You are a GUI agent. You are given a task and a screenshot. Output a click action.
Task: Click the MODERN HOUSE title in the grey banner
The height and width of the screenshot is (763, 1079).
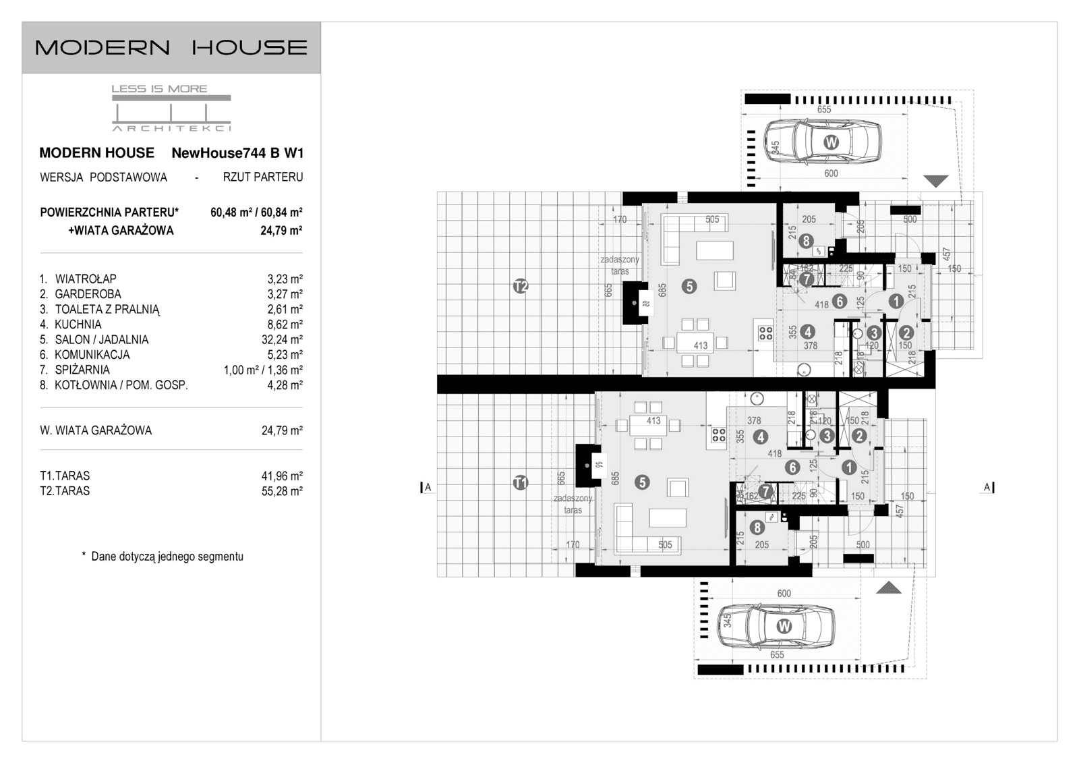coord(171,47)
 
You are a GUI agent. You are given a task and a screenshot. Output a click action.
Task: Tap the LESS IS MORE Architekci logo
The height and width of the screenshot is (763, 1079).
coord(171,108)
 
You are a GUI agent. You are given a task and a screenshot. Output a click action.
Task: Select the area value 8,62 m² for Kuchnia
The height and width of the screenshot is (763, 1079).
coord(284,324)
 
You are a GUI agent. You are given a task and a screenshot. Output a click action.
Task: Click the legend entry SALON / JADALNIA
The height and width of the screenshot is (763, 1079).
coord(101,340)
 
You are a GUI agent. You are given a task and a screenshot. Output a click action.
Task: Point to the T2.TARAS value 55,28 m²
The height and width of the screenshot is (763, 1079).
coord(281,491)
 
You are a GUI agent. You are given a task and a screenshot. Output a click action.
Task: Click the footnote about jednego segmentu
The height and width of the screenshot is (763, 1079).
coord(162,557)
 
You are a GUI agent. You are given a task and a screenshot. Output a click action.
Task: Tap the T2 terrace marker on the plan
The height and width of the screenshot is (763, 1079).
coord(520,287)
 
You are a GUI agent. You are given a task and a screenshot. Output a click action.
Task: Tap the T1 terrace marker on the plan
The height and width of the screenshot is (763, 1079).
coord(520,482)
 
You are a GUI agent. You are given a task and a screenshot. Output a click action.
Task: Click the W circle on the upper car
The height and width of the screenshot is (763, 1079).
coord(831,142)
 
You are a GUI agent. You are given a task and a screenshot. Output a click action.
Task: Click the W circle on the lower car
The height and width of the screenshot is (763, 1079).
coord(784,626)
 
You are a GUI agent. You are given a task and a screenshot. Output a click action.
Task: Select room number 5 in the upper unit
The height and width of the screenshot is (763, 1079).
coord(689,287)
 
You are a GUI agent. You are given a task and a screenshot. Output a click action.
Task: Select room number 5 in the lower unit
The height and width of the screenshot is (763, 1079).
coord(641,482)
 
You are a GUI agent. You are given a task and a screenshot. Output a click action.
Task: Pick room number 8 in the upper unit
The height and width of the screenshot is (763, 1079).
coord(805,241)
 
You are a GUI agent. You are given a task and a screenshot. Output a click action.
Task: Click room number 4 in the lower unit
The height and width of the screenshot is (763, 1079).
coord(760,437)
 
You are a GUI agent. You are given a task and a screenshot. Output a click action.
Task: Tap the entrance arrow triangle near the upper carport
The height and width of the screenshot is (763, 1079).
coord(936,181)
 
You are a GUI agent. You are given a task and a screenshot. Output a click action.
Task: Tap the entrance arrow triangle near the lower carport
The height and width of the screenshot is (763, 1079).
coord(889,588)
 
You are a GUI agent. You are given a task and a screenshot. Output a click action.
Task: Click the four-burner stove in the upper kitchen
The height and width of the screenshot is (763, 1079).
coord(765,333)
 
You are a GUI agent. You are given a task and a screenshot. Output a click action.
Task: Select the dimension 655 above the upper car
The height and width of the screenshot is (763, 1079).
coord(823,109)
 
